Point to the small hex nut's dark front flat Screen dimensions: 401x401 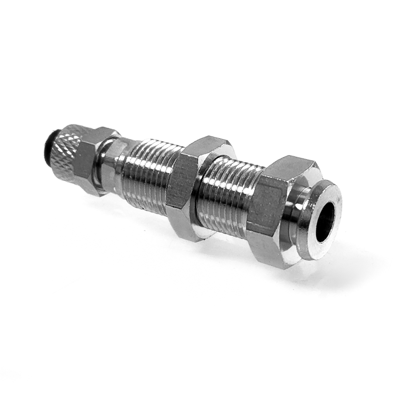[85, 162]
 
